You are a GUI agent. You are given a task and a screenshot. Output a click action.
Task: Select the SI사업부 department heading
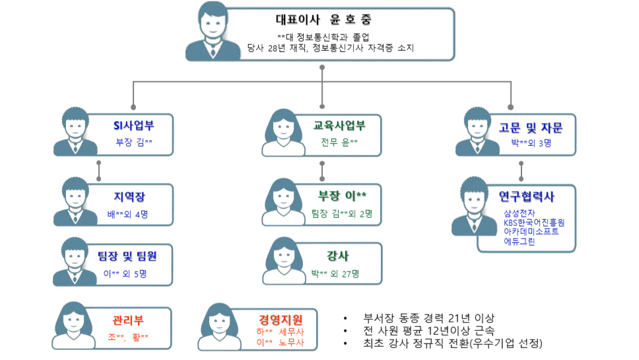[133, 124]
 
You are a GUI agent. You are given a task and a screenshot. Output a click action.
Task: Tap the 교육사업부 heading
[338, 124]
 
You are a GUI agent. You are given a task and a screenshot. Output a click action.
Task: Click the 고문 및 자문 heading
[531, 127]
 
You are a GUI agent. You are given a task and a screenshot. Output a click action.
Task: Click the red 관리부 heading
[128, 322]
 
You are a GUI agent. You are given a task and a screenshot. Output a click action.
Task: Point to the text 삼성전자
[520, 213]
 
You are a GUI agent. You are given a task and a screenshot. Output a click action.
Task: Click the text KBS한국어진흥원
[533, 223]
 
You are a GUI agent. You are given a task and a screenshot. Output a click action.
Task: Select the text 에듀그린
[519, 242]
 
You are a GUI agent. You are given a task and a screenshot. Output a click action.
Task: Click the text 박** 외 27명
[335, 273]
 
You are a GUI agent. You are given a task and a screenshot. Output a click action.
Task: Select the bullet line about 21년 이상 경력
[428, 317]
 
